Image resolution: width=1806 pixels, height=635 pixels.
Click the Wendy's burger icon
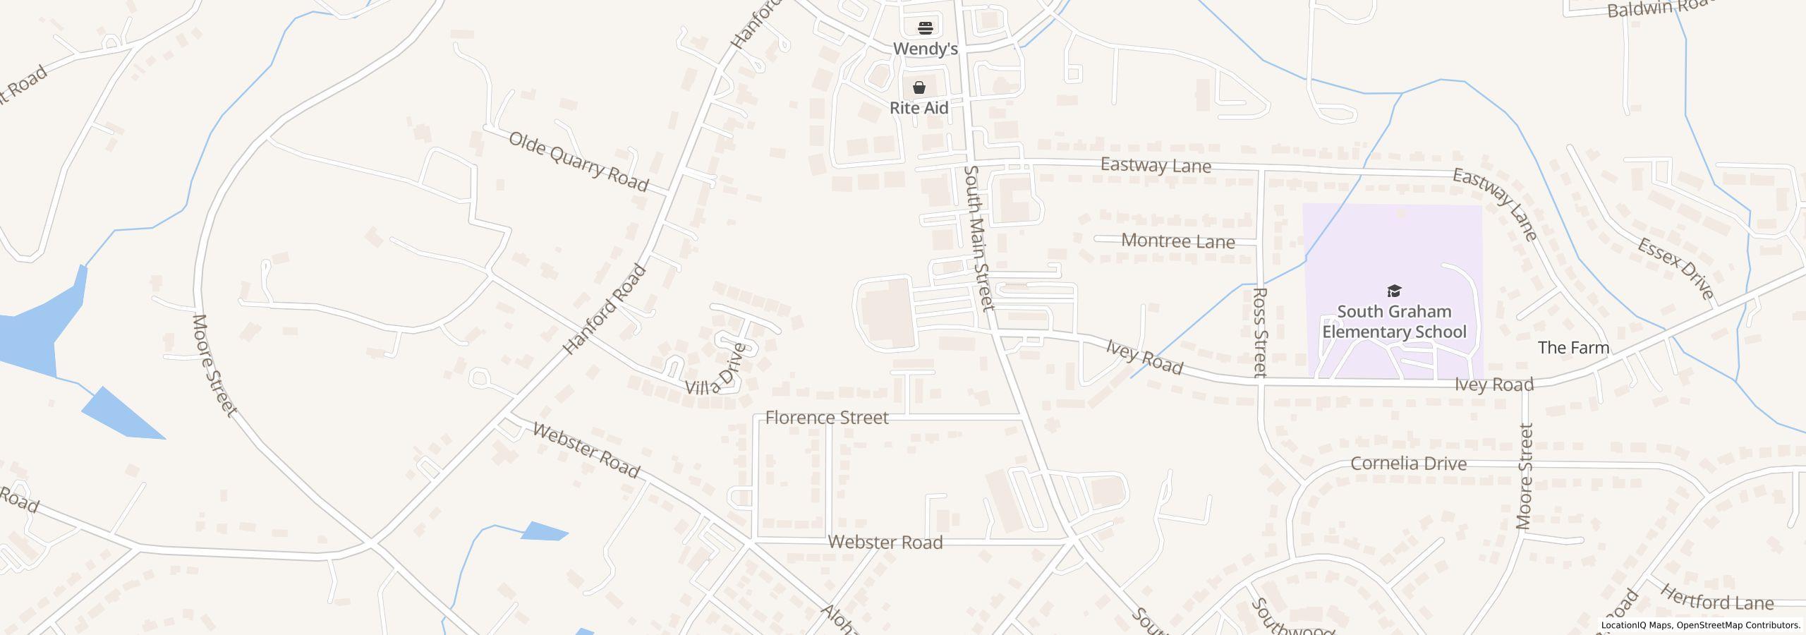tap(926, 28)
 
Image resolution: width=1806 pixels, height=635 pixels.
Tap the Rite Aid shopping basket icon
tap(919, 87)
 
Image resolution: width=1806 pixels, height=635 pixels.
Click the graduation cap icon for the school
tap(1394, 291)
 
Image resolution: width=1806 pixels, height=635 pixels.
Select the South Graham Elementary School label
tap(1394, 322)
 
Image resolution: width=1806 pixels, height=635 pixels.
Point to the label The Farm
tap(1573, 348)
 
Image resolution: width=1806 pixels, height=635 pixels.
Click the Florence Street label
tap(826, 418)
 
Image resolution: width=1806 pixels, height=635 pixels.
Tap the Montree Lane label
tap(1177, 241)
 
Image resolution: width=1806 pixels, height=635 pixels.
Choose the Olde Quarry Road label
tap(578, 162)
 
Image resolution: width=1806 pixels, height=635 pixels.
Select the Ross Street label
tap(1260, 332)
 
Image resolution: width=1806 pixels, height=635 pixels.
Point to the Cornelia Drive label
tap(1408, 464)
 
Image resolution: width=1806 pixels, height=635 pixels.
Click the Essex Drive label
tap(1675, 269)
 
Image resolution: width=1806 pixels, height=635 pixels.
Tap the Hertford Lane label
tap(1715, 598)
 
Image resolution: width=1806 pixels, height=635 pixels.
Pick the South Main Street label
tap(979, 238)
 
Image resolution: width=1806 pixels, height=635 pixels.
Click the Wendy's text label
tap(926, 49)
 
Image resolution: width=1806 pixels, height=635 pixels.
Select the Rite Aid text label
tap(919, 108)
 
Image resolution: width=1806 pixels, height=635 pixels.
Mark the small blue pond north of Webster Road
tap(544, 531)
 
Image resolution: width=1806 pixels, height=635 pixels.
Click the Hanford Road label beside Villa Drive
tap(605, 309)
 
